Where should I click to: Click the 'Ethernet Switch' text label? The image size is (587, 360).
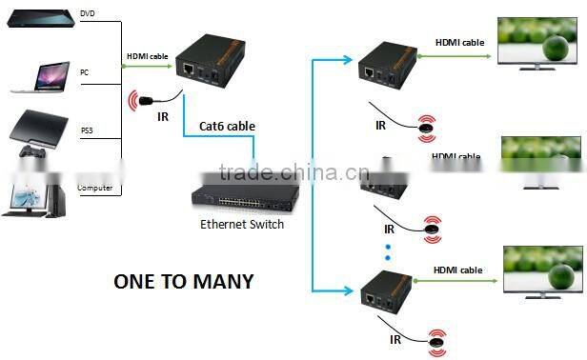pyautogui.click(x=242, y=225)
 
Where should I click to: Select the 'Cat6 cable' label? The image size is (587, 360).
pyautogui.click(x=227, y=126)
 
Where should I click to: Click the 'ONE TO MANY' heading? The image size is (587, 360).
pyautogui.click(x=184, y=281)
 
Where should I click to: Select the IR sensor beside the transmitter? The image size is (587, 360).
pyautogui.click(x=145, y=99)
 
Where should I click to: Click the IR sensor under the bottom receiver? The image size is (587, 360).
pyautogui.click(x=437, y=339)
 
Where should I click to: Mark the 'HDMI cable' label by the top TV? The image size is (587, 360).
pyautogui.click(x=459, y=42)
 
